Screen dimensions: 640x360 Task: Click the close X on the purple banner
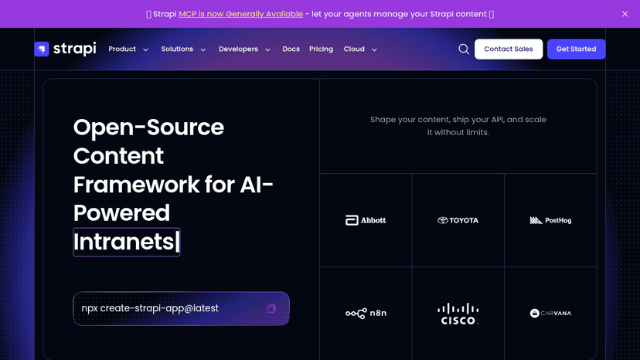625,14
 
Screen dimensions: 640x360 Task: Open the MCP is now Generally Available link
241,14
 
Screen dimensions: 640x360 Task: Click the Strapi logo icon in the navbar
42,49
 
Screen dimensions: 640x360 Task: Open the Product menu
128,49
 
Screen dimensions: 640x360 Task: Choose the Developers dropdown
244,49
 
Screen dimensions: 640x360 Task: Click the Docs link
291,49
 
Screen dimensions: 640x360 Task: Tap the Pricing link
322,49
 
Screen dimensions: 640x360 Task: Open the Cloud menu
360,49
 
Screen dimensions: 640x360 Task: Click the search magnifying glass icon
464,49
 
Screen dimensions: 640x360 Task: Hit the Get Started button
577,49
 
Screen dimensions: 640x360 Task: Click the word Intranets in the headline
124,242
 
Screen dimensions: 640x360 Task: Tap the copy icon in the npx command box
271,308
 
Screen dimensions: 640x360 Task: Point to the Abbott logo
366,220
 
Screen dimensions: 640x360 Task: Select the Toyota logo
458,220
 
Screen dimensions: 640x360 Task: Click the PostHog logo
550,220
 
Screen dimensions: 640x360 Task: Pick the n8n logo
366,313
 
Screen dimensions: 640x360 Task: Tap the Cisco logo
458,314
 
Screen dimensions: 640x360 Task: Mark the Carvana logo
550,313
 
